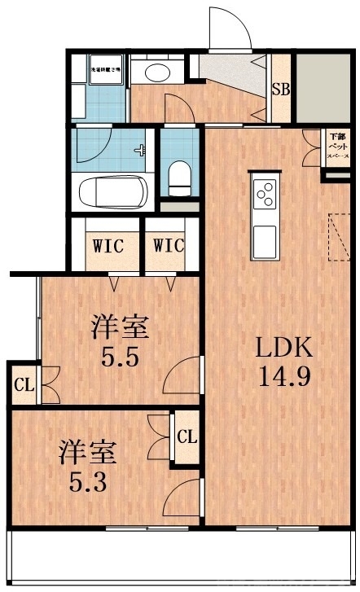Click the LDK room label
click(285, 349)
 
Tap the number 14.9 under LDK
click(285, 377)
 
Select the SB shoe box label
click(281, 90)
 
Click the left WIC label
click(108, 245)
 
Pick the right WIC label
click(167, 245)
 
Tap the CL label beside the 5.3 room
click(187, 436)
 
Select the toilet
click(178, 174)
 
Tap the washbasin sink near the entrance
click(154, 72)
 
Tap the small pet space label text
click(336, 144)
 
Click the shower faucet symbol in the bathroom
click(143, 151)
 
